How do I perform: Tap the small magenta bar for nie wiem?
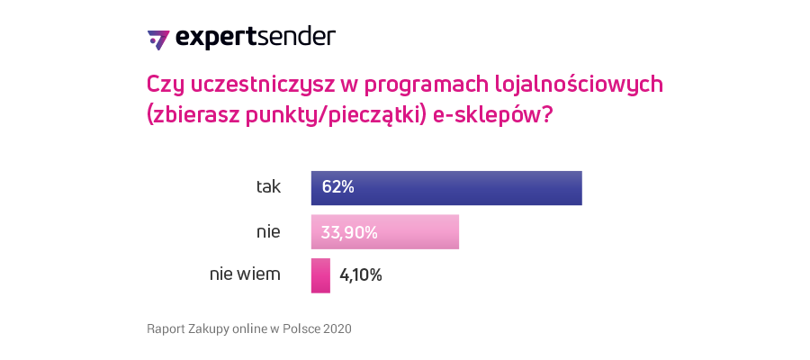tap(320, 275)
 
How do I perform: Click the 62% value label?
tap(337, 187)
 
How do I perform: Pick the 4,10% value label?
tap(361, 275)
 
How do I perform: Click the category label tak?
tap(268, 187)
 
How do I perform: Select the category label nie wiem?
tap(245, 274)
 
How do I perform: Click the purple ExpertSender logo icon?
tap(157, 40)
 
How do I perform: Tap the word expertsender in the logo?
tap(256, 38)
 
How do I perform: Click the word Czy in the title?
tap(165, 85)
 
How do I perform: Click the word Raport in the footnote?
tap(166, 329)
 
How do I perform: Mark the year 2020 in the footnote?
tap(337, 329)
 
